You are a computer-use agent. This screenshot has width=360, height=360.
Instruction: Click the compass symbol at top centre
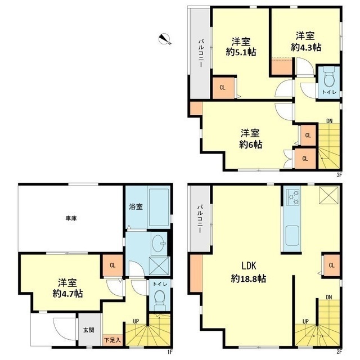click(x=165, y=39)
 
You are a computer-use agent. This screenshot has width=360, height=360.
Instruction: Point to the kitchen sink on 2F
click(x=292, y=235)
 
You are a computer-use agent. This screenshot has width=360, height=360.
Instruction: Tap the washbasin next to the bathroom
click(x=159, y=243)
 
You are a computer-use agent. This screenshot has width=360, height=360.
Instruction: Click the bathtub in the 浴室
click(x=159, y=208)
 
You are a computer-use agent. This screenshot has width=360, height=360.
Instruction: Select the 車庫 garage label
click(x=71, y=218)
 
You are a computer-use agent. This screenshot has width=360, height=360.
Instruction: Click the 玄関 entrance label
click(x=89, y=330)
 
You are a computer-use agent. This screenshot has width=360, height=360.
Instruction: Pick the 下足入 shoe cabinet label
click(x=112, y=340)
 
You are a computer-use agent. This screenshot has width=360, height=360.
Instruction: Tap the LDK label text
click(x=249, y=265)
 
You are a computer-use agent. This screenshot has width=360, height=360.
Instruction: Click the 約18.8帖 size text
click(x=249, y=279)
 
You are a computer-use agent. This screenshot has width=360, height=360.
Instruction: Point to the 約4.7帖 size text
click(x=67, y=294)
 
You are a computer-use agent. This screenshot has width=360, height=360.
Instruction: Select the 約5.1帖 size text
click(x=241, y=52)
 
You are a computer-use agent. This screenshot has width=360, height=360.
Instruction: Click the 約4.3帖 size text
click(x=306, y=47)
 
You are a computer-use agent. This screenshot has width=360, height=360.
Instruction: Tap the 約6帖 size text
click(x=250, y=145)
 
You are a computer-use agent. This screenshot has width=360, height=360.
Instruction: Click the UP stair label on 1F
click(x=136, y=321)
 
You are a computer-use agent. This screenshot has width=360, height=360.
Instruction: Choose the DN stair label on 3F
click(x=330, y=121)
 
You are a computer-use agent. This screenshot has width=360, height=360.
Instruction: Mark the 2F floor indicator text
click(x=339, y=351)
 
